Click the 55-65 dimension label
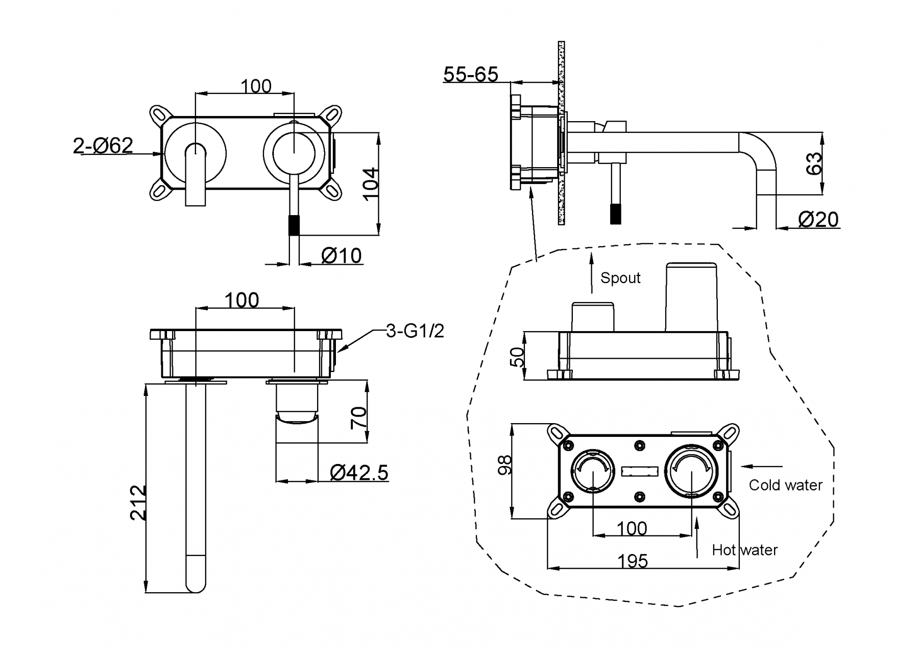point(470,75)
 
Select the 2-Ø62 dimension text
point(103,146)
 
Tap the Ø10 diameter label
point(342,255)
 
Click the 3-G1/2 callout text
point(415,331)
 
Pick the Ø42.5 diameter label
point(359,473)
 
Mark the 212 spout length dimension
point(138,503)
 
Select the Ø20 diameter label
point(818,220)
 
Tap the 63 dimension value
point(814,163)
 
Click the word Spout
point(620,278)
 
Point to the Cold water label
point(785,485)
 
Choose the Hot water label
point(744,550)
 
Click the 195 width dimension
point(633,561)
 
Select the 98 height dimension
point(504,465)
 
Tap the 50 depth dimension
point(517,357)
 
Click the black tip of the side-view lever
point(616,214)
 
